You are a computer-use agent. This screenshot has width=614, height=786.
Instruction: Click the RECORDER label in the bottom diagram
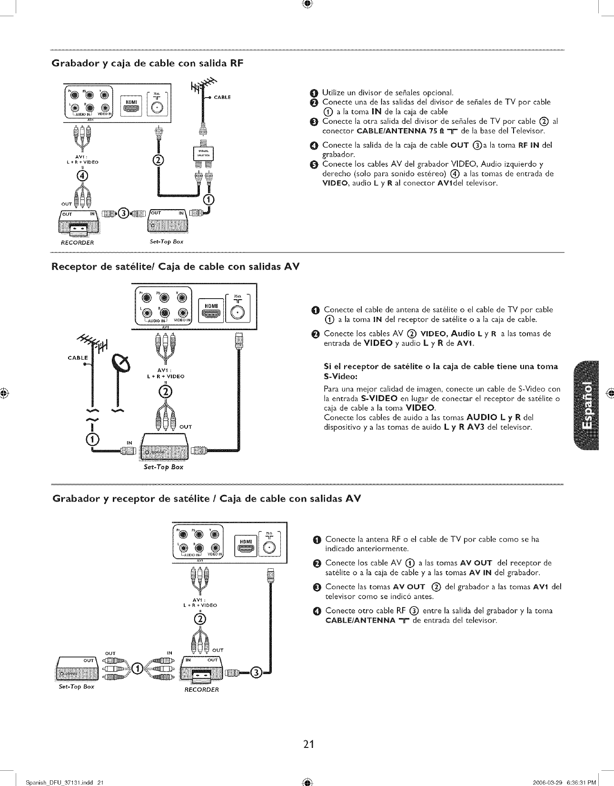pyautogui.click(x=201, y=690)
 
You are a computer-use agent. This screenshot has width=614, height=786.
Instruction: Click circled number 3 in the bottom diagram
pyautogui.click(x=256, y=673)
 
